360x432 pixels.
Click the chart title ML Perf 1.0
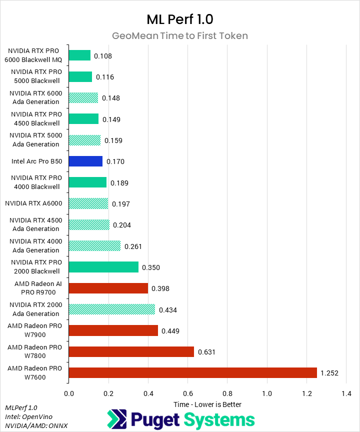pyautogui.click(x=179, y=19)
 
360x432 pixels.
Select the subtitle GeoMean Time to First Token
pyautogui.click(x=179, y=35)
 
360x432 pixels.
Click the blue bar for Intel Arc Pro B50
pyautogui.click(x=85, y=161)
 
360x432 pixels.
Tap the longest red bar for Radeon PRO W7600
pyautogui.click(x=192, y=372)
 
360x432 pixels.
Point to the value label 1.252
pyautogui.click(x=330, y=373)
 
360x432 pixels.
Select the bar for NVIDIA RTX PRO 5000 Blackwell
pyautogui.click(x=80, y=76)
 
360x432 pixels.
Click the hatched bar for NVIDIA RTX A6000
pyautogui.click(x=88, y=203)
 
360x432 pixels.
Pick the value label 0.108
pyautogui.click(x=103, y=55)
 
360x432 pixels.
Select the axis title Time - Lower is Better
pyautogui.click(x=207, y=404)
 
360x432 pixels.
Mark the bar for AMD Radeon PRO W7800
pyautogui.click(x=131, y=351)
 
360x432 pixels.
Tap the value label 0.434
pyautogui.click(x=168, y=310)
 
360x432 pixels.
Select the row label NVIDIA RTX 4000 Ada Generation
pyautogui.click(x=34, y=245)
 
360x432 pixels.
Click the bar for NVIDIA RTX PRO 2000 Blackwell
pyautogui.click(x=103, y=267)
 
